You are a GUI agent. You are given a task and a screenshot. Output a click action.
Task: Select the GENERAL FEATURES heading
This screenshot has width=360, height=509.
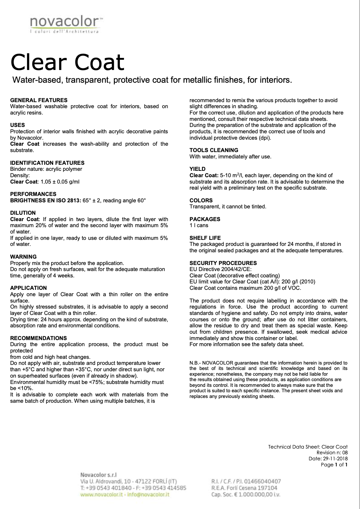coord(39,100)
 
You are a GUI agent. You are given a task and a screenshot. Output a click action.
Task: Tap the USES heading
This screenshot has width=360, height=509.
coord(17,125)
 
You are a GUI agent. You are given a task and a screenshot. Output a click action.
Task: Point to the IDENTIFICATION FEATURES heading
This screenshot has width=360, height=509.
coord(47,163)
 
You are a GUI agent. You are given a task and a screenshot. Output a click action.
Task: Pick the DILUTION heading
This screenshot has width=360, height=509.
coord(23,213)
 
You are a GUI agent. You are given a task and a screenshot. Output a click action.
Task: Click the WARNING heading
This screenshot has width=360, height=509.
coord(23,257)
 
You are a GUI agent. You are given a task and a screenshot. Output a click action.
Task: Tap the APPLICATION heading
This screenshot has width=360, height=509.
coord(28,288)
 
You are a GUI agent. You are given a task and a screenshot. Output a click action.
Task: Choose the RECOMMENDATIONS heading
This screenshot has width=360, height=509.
coord(38,338)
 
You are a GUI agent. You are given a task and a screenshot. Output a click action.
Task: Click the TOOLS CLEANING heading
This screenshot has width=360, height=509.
coord(214,150)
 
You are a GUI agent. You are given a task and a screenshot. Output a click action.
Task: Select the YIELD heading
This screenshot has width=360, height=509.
coord(197,169)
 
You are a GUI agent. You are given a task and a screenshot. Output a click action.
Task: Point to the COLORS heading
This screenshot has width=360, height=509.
coord(201,200)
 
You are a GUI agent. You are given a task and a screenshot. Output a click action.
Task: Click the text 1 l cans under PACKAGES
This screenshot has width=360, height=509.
coord(199,225)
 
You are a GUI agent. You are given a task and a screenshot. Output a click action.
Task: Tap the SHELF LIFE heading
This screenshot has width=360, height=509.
coord(205,238)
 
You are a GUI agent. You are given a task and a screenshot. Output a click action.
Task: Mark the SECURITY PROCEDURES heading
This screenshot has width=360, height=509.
coord(223,263)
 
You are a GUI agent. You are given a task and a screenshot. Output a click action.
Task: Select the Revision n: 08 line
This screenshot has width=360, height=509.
coord(332,453)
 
